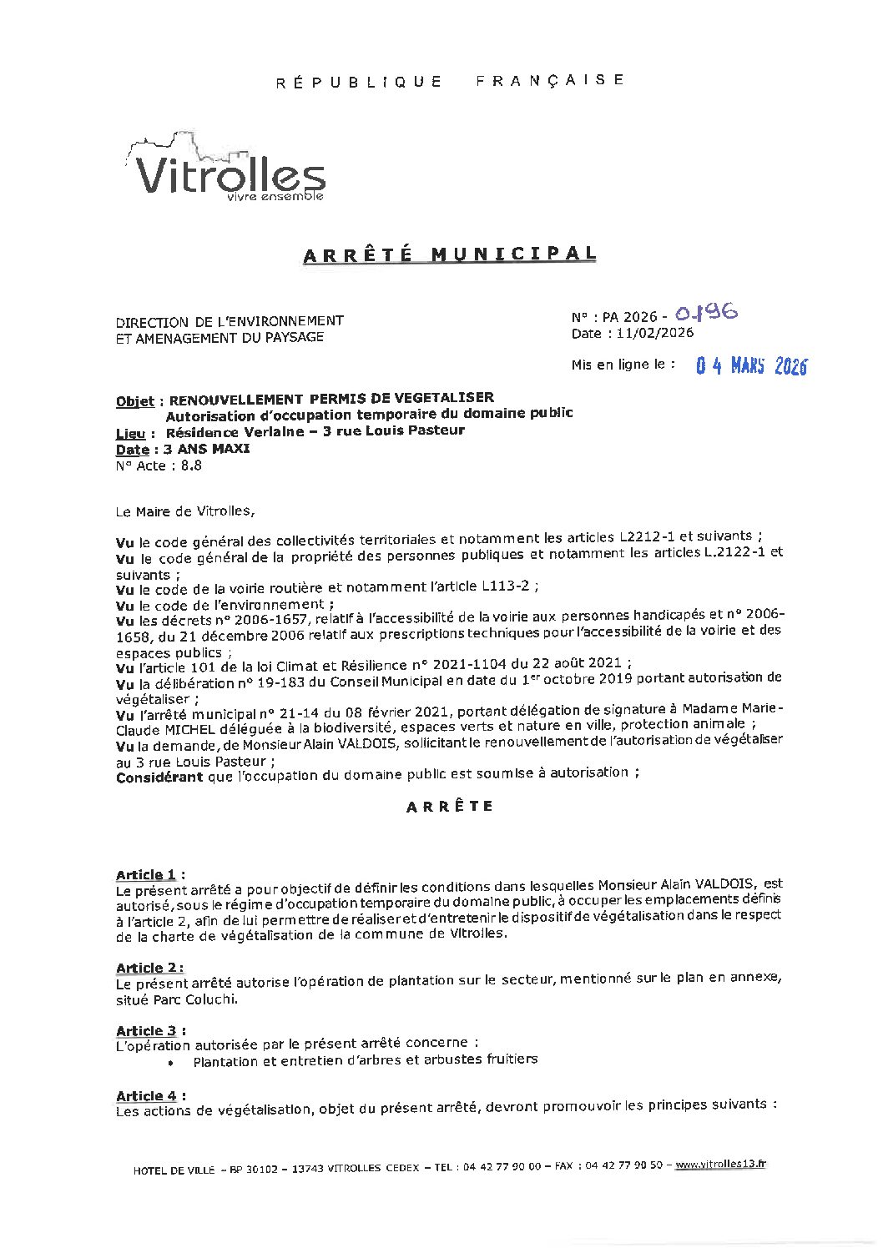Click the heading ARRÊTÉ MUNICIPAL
450,254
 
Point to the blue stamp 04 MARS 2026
752,366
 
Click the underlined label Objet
135,400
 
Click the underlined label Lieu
130,434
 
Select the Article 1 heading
146,874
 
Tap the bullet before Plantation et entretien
171,1062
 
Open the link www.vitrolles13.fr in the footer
719,1165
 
